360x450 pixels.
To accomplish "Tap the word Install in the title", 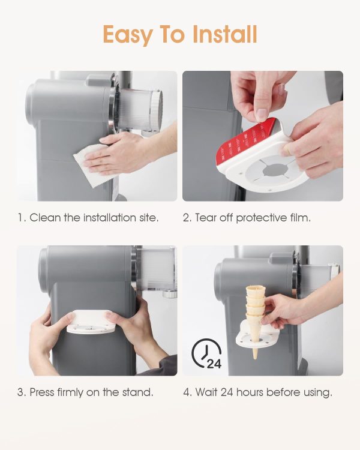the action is (224, 34).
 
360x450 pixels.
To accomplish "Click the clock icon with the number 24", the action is (206, 353).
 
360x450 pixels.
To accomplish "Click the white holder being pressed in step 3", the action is (91, 322).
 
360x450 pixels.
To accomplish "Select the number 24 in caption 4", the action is (227, 392).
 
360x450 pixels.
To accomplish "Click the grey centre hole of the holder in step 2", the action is (275, 170).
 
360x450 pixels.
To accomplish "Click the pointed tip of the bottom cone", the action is (255, 358).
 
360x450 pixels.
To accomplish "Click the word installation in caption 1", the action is (110, 218).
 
